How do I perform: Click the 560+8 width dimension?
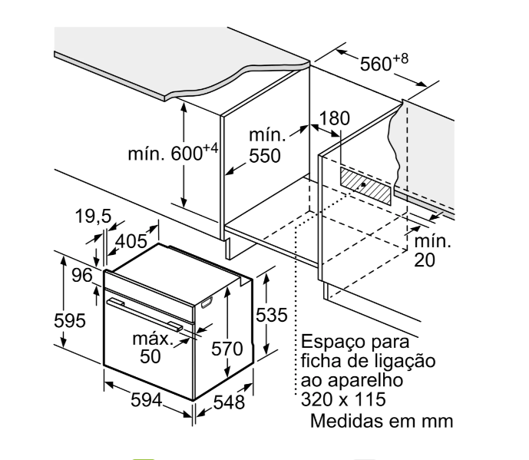(x=384, y=64)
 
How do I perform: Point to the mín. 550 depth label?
(x=266, y=146)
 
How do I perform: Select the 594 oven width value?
(x=145, y=399)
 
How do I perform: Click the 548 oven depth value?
(x=228, y=402)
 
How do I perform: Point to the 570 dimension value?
(x=227, y=349)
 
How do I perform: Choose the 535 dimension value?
(x=271, y=315)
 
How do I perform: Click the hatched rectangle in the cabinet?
(x=366, y=184)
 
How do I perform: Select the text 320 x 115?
(x=342, y=399)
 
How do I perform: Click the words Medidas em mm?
(x=382, y=421)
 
